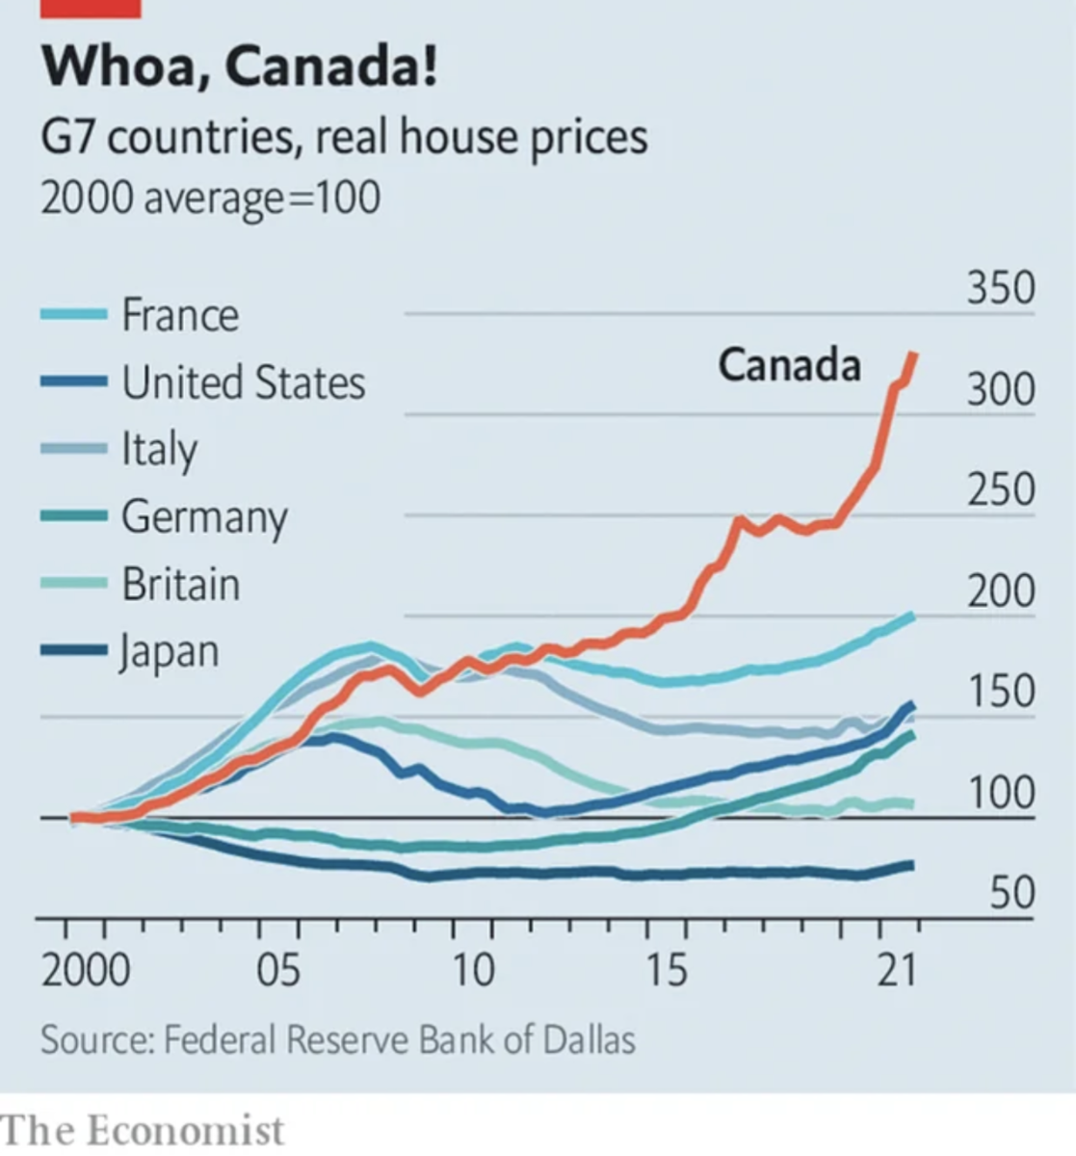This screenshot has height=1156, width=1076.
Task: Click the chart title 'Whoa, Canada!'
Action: tap(238, 68)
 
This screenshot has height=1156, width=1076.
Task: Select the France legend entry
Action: tap(179, 315)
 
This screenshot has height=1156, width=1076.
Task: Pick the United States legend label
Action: tap(243, 382)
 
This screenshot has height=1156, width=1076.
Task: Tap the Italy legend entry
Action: tap(159, 450)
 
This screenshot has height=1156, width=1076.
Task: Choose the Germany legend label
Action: tap(204, 518)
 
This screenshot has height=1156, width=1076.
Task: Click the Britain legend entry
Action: tap(180, 585)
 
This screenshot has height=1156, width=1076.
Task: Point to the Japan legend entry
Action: tap(170, 652)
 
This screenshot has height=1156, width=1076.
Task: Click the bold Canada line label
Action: tap(789, 365)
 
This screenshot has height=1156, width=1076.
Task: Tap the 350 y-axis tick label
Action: tap(1001, 288)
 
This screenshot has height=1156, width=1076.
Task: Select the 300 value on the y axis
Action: tap(1001, 389)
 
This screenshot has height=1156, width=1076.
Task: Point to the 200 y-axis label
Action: tap(1001, 591)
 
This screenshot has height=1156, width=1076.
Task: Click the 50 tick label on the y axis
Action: tap(1012, 893)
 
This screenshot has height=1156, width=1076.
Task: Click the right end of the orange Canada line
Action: tap(913, 355)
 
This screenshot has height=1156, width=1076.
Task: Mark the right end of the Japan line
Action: tap(911, 865)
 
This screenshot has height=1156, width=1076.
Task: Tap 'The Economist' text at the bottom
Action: tap(143, 1129)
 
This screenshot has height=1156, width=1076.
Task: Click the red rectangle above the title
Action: tap(91, 8)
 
